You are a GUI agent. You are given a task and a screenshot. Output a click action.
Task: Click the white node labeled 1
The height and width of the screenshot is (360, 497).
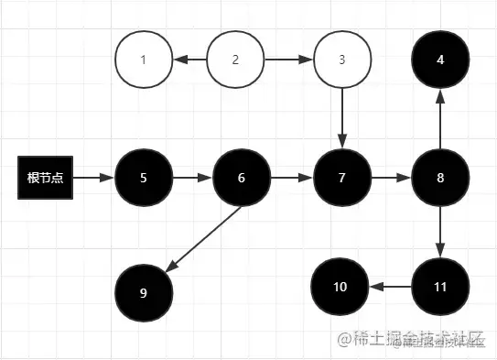[144, 60]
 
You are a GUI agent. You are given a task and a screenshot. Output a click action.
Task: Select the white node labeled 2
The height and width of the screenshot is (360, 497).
[235, 60]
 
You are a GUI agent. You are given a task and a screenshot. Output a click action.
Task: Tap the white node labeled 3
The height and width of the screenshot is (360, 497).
[342, 60]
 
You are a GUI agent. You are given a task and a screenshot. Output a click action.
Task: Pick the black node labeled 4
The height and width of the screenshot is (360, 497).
[440, 60]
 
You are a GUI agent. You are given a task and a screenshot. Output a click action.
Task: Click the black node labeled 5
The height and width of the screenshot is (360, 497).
[144, 177]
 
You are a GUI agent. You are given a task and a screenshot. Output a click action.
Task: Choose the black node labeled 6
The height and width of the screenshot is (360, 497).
[242, 177]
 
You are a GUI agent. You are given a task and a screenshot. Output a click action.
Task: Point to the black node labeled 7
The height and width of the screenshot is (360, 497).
[342, 177]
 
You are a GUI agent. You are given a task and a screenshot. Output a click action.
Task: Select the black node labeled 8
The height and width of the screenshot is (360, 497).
[440, 177]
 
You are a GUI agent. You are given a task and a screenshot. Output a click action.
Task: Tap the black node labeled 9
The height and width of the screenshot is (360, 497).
[144, 293]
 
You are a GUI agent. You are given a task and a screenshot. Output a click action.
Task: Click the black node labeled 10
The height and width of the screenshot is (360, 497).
[340, 287]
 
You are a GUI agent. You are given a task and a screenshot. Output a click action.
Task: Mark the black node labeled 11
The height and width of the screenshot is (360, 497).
[440, 287]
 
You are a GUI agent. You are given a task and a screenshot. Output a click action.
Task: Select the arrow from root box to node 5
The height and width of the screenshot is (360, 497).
[94, 177]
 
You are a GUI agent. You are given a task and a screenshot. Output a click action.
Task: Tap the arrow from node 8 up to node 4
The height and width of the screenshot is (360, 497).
[440, 119]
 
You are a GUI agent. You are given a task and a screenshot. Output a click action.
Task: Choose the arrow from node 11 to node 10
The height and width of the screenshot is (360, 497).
[390, 287]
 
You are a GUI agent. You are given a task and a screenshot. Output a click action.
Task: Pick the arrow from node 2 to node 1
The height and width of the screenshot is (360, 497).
[189, 60]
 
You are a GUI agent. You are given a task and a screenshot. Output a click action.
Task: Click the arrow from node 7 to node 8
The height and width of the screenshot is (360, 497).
[391, 177]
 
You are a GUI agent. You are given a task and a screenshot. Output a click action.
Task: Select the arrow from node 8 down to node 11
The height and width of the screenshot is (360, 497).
[440, 232]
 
